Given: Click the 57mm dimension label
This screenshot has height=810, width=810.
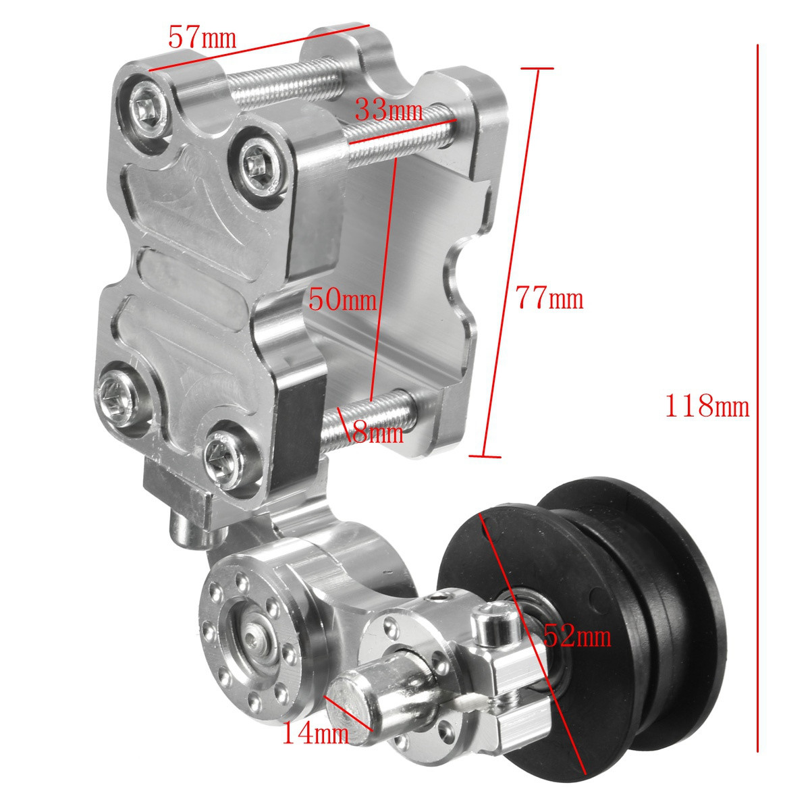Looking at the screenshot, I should tap(202, 36).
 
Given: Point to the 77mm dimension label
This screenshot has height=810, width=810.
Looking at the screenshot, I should tap(549, 298).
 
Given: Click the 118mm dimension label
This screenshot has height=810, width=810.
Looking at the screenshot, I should tap(707, 406).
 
